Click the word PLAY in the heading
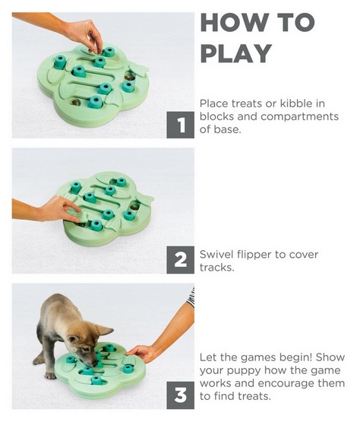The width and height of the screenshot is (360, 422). [x=236, y=53]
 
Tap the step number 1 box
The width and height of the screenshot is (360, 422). [x=181, y=125]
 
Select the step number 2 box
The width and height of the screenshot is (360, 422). [x=181, y=260]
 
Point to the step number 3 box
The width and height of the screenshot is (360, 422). [x=181, y=395]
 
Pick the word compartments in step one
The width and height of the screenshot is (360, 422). [x=299, y=117]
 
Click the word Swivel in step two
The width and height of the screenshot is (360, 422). [x=216, y=254]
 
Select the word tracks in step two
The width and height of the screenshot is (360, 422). [x=216, y=268]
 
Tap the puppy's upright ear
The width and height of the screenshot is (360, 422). [x=104, y=330]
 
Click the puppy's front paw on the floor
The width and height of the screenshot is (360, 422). [x=51, y=376]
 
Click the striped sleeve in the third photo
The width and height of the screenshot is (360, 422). [x=191, y=297]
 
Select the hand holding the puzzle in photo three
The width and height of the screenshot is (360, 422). [x=140, y=354]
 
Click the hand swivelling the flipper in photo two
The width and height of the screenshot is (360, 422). [x=61, y=209]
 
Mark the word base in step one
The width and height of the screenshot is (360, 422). [x=226, y=130]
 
